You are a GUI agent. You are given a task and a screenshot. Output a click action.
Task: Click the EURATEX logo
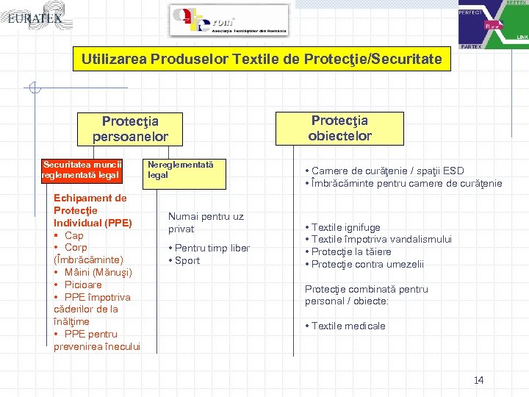click(35, 17)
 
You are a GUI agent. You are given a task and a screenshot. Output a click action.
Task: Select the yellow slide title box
click(262, 59)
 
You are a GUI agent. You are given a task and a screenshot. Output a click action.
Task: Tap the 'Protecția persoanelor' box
click(130, 128)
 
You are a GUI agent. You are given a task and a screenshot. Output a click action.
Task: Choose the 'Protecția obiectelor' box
click(339, 127)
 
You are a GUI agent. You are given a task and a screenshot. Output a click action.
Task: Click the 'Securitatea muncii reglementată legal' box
click(82, 170)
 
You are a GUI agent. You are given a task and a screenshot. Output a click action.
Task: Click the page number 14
click(478, 380)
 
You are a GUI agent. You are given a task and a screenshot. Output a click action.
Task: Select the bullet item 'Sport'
click(187, 260)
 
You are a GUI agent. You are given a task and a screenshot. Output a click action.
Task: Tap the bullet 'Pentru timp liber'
click(212, 248)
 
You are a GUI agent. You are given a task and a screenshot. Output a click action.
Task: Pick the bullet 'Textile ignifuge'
click(345, 228)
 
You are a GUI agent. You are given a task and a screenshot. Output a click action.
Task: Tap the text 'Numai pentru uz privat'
click(206, 222)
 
